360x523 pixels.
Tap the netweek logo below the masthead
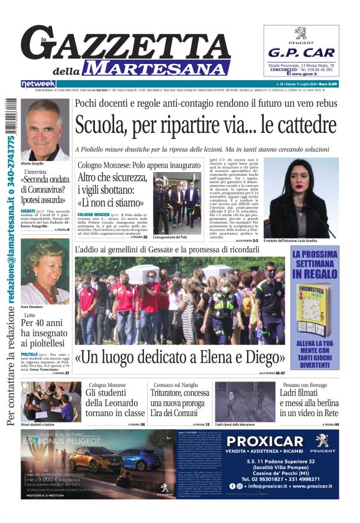38,83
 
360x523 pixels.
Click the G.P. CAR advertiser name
301,52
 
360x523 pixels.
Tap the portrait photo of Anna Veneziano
45,280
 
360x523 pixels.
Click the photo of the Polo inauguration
176,202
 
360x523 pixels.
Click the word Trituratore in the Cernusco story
171,393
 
